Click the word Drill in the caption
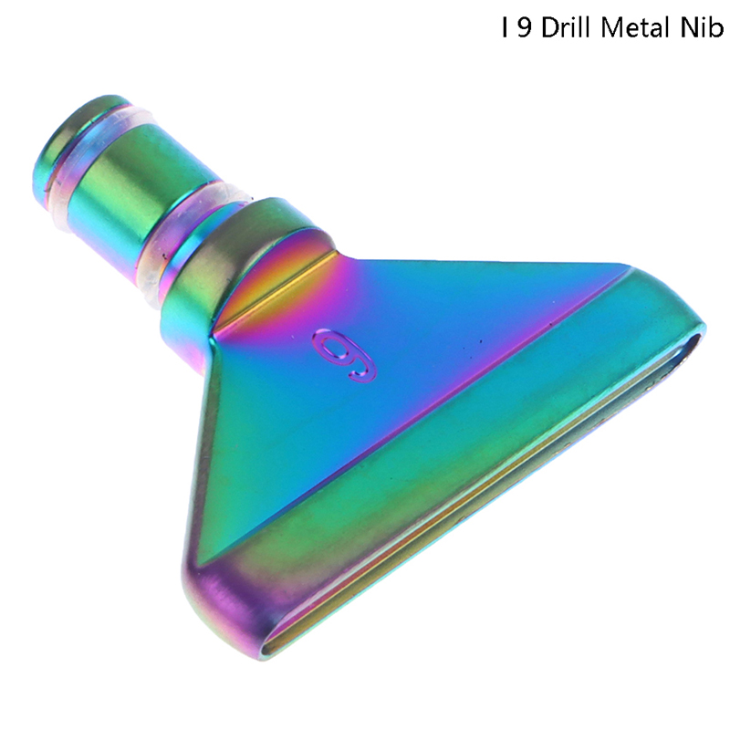click(x=567, y=28)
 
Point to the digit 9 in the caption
click(x=524, y=28)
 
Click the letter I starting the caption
click(x=505, y=28)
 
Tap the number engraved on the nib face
click(x=344, y=355)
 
